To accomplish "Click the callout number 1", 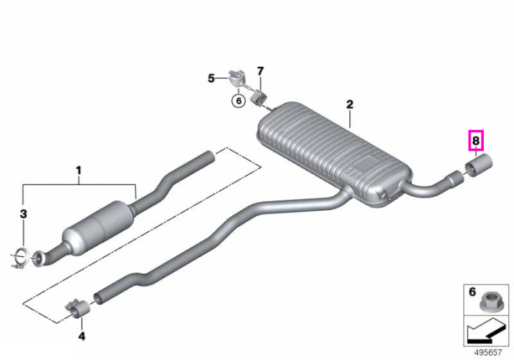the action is pos(79,171).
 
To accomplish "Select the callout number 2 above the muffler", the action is pos(350,104).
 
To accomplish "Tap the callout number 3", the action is pos(23,214).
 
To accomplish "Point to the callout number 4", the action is pos(82,336).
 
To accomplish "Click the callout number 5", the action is pos(211,79).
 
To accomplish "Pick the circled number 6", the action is pos(239,101).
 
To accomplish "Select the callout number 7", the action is pos(260,71).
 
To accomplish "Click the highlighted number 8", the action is pos(476,140).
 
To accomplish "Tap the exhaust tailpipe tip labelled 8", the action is pos(479,165).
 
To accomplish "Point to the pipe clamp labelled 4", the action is pos(79,308).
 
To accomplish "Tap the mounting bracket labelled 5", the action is pos(236,78).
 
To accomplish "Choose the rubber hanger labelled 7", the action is pos(259,97).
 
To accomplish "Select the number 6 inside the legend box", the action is pos(472,292).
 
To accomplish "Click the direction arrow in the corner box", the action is pos(486,331).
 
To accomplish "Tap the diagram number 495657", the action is pos(488,353).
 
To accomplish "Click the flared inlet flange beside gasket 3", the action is pos(40,258).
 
